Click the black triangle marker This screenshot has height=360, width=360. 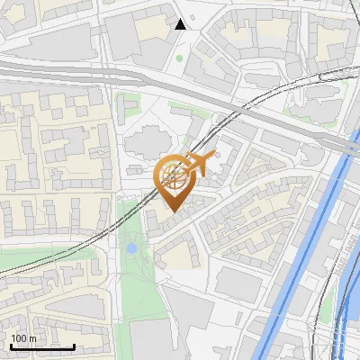coord(181,24)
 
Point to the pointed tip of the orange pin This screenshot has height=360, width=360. coord(172,211)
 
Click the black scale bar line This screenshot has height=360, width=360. coord(42,346)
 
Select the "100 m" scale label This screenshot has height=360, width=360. coord(22,338)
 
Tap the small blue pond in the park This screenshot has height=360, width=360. coord(132,246)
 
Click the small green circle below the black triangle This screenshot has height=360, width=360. coord(179,58)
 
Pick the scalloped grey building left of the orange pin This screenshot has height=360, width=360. coord(144,144)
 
